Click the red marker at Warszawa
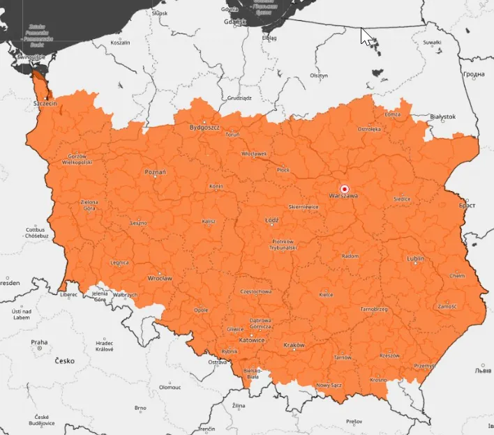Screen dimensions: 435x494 point(344,189)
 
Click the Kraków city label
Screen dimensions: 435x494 point(294,345)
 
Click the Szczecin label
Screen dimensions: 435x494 point(45,103)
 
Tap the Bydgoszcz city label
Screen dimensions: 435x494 point(205,128)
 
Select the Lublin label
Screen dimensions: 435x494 point(415,259)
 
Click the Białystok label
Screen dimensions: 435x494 point(442,116)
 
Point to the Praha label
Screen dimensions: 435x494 point(38,342)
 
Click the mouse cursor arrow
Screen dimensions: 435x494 point(366,36)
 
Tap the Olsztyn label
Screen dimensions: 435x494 point(319,75)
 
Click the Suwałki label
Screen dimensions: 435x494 point(432,43)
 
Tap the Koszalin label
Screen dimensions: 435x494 point(121,43)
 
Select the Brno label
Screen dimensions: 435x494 point(140,408)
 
